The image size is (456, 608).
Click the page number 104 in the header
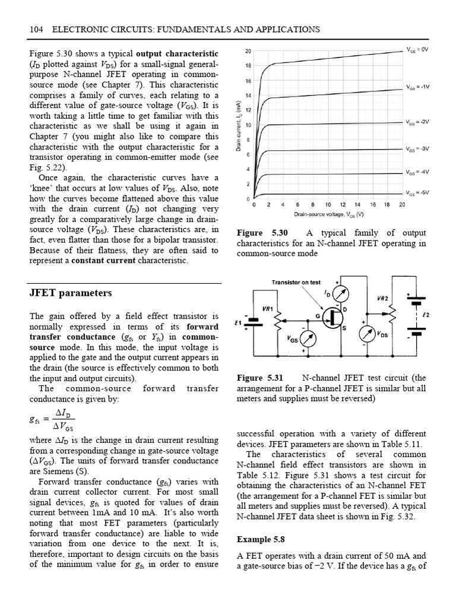(x=37, y=29)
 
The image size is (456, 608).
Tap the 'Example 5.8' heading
(x=261, y=540)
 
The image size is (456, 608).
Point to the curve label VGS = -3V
(x=417, y=148)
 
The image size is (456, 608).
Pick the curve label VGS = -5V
(x=417, y=193)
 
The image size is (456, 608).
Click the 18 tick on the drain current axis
(x=248, y=65)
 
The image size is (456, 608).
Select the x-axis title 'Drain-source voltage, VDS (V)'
(x=328, y=214)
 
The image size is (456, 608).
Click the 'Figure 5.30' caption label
(x=261, y=233)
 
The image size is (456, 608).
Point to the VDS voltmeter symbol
(x=368, y=334)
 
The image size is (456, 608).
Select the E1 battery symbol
(x=254, y=323)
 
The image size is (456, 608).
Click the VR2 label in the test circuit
(x=383, y=297)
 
